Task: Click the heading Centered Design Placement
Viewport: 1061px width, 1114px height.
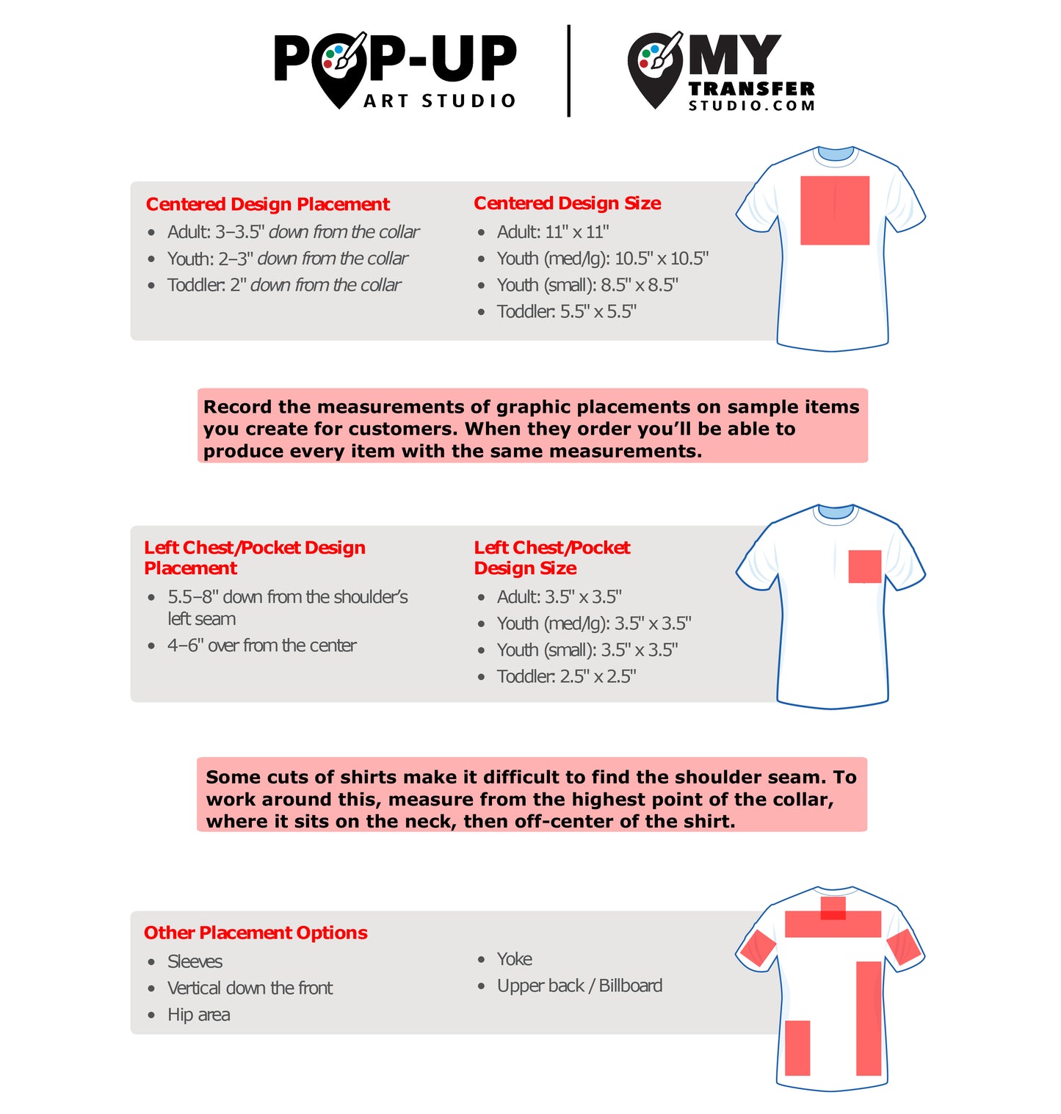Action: pos(267,204)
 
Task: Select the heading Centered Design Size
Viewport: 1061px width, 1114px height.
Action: pos(567,203)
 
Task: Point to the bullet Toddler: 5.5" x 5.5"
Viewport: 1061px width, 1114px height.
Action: pos(566,311)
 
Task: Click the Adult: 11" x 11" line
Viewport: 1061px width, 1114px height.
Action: pos(552,232)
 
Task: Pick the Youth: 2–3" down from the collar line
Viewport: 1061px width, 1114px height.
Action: pos(287,258)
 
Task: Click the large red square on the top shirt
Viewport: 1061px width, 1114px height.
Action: pos(834,210)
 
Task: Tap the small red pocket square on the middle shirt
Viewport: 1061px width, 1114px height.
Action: pos(864,566)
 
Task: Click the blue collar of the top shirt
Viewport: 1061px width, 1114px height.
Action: pos(835,153)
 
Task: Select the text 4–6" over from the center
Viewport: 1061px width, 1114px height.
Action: pos(261,645)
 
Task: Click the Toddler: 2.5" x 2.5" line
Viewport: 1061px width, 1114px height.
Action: pos(566,676)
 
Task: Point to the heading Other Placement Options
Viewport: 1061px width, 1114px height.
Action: pos(256,933)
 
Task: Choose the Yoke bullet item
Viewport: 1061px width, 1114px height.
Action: pos(514,959)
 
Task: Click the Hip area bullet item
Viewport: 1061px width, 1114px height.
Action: pos(198,1015)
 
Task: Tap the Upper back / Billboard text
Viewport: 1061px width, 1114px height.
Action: pos(579,985)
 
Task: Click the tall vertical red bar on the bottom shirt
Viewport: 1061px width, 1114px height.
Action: pos(868,1018)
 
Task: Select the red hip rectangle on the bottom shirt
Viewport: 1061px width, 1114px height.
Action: pos(797,1047)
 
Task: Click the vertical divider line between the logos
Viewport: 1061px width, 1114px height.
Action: pos(568,70)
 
